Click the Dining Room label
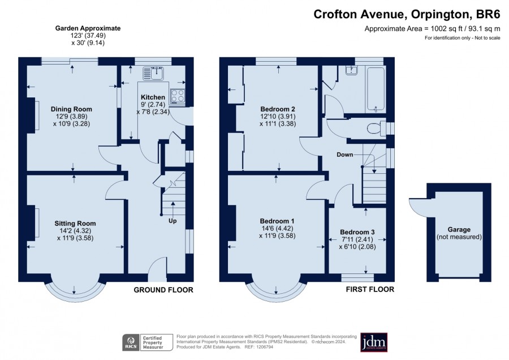point(71,109)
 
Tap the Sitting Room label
point(75,224)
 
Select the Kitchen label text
point(153,97)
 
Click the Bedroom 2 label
point(278,109)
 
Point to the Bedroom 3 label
point(357,232)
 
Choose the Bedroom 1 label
point(277,221)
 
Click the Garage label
point(459,230)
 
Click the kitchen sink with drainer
point(153,74)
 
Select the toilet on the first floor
point(376,128)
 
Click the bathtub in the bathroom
point(376,89)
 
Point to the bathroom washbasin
point(351,70)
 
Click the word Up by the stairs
point(172,221)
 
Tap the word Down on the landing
point(344,155)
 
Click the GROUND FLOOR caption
point(163,290)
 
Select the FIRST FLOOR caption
point(370,289)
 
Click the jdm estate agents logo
point(374,342)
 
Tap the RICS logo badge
point(131,343)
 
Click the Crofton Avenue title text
point(359,14)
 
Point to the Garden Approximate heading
point(88,28)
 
